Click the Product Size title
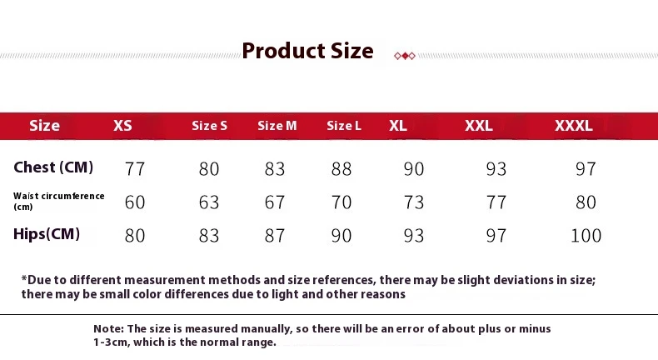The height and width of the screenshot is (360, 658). click(307, 51)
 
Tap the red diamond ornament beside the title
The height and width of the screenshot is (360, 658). click(405, 56)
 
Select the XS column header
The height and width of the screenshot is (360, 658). click(122, 126)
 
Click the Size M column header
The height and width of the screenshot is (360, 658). click(277, 126)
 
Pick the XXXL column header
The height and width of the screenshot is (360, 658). click(573, 126)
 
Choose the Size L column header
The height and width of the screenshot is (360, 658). click(344, 126)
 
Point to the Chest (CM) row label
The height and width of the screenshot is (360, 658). click(53, 167)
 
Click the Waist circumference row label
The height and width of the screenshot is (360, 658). click(59, 201)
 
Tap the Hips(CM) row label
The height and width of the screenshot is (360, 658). click(47, 233)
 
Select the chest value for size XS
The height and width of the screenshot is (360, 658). click(135, 169)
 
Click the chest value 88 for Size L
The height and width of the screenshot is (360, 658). click(341, 169)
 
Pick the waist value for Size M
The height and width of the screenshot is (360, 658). click(275, 202)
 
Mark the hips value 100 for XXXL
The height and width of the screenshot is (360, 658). click(586, 235)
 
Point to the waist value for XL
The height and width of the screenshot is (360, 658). click(414, 202)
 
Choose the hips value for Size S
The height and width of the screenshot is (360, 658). click(209, 235)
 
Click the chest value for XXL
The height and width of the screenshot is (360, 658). click(496, 169)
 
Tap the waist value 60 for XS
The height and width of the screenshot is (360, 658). click(135, 202)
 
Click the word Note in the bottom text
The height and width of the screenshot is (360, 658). click(108, 328)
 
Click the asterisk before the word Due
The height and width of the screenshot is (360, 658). click(24, 278)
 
